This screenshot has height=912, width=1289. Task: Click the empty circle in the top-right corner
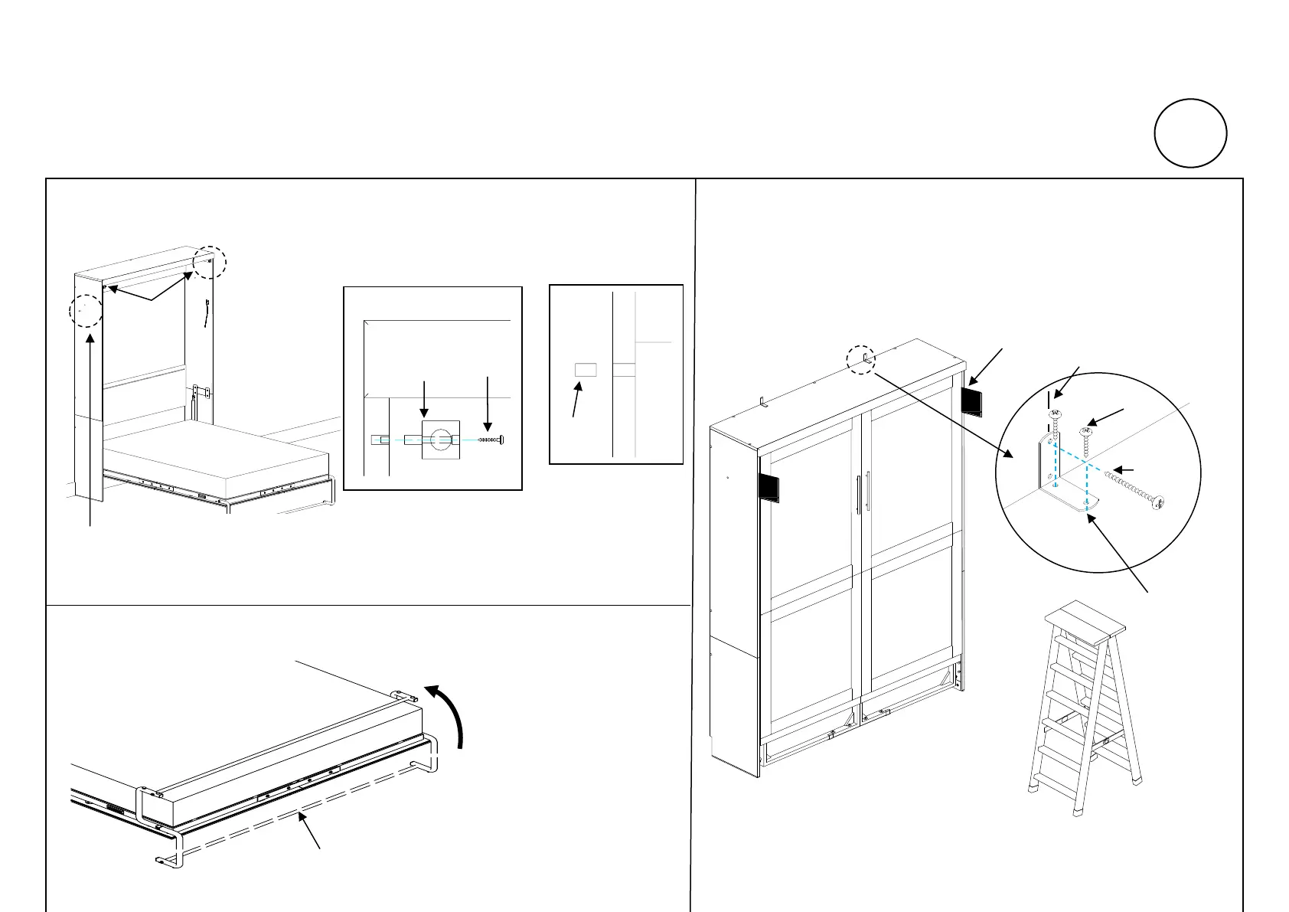click(x=1190, y=133)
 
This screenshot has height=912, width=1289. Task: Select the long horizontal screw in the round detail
click(x=1132, y=489)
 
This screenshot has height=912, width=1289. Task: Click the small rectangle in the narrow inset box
click(x=585, y=370)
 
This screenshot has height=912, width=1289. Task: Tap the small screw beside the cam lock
click(x=491, y=440)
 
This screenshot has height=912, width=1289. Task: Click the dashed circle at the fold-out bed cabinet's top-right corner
click(x=209, y=262)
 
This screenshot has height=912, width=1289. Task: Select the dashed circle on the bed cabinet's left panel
click(x=86, y=310)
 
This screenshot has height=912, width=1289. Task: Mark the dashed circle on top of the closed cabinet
click(x=862, y=358)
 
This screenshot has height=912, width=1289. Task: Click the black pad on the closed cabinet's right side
click(x=971, y=401)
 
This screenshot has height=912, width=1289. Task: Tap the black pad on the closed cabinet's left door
click(x=769, y=487)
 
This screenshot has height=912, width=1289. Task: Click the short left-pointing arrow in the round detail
click(x=1123, y=470)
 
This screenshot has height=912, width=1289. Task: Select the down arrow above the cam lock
click(x=425, y=397)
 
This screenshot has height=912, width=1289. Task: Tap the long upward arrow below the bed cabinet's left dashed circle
click(x=91, y=429)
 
